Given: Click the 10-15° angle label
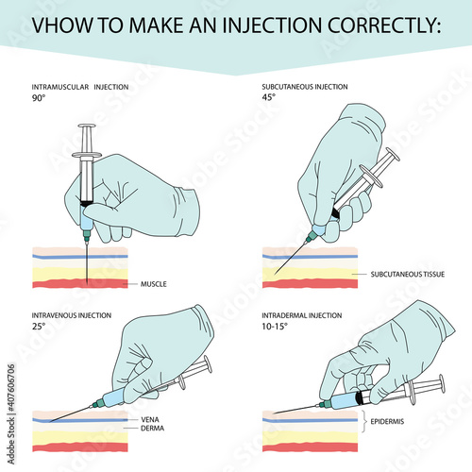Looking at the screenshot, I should (275, 327).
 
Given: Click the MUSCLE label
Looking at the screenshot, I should (153, 283).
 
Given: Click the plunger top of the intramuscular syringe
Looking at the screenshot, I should (87, 127).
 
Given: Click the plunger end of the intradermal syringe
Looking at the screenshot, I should (441, 382).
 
